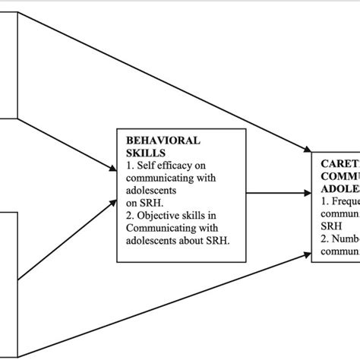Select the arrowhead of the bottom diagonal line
click(307, 237)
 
